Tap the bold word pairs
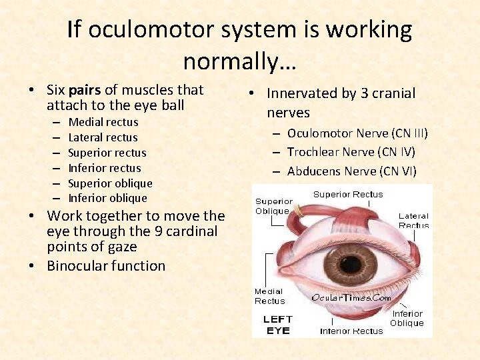click(x=102, y=89)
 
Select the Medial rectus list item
click(x=103, y=122)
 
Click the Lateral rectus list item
click(x=103, y=137)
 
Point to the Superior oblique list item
click(x=110, y=183)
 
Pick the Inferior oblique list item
click(x=107, y=198)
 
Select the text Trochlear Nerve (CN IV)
click(x=351, y=152)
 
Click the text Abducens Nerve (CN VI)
click(x=351, y=171)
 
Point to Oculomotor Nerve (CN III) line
click(x=357, y=133)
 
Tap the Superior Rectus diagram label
click(x=348, y=195)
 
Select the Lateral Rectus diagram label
click(x=413, y=221)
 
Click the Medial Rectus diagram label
click(x=269, y=296)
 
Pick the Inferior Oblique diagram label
click(x=407, y=318)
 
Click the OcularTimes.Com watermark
click(x=351, y=298)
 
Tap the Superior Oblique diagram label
click(x=273, y=206)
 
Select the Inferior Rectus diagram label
click(x=351, y=331)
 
